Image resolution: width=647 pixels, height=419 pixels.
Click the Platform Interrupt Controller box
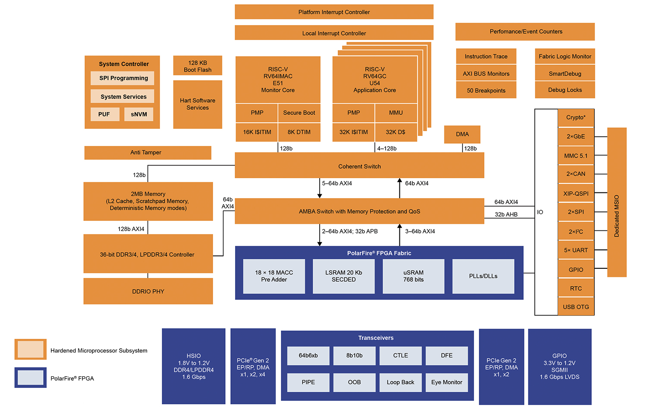tap(334, 12)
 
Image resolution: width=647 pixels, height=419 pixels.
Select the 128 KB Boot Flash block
tap(198, 66)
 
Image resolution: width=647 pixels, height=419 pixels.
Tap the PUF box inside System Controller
tap(104, 114)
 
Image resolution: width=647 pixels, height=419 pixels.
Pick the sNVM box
tap(139, 114)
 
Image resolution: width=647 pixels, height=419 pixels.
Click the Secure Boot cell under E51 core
tap(299, 113)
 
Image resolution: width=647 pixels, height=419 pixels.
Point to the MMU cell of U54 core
tap(396, 113)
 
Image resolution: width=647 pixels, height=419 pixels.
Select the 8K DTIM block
tap(299, 132)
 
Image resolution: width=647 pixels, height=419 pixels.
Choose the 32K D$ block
tap(396, 132)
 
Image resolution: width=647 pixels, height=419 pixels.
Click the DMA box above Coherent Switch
tap(462, 134)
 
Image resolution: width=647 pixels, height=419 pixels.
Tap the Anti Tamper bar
tap(148, 153)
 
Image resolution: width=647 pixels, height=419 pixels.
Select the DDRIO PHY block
tap(148, 291)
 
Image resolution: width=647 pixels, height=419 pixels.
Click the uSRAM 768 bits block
tap(413, 276)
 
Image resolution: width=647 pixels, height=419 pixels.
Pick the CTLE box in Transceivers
tap(400, 356)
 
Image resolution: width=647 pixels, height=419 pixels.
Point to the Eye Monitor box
tap(446, 382)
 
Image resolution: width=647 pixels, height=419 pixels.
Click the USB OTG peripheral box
tap(576, 307)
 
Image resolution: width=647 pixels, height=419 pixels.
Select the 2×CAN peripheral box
tap(576, 174)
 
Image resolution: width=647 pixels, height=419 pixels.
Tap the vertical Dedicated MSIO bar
tap(617, 203)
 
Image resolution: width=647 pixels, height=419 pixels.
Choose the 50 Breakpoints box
tap(486, 91)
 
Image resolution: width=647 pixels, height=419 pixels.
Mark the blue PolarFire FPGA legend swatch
tap(31, 378)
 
